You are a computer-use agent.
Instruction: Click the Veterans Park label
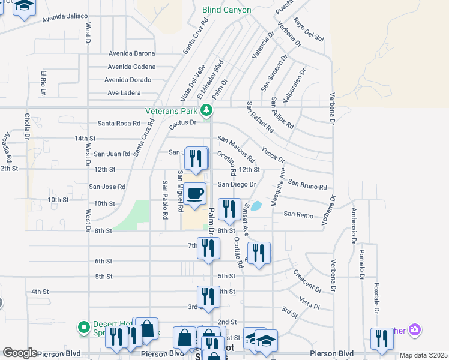[x=172, y=111]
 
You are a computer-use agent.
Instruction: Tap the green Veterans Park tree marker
[x=206, y=110]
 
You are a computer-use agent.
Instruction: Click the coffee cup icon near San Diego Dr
[x=195, y=194]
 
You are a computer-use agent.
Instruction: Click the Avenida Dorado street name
[x=128, y=80]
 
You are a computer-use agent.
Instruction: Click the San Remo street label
[x=298, y=214]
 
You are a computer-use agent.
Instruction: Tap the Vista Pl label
[x=309, y=302]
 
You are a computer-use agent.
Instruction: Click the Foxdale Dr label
[x=376, y=298]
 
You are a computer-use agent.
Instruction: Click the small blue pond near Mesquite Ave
[x=256, y=206]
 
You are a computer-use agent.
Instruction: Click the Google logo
[x=20, y=353]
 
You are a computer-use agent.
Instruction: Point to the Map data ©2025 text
[x=424, y=355]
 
